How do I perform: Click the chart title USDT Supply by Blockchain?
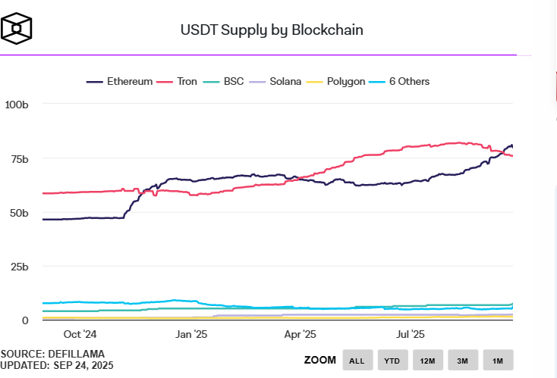click(x=271, y=30)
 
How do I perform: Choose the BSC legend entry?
click(x=233, y=81)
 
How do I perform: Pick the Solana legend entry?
click(x=285, y=81)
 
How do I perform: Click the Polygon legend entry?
click(x=345, y=81)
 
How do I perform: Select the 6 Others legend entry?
click(x=409, y=81)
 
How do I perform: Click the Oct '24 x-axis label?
click(x=80, y=333)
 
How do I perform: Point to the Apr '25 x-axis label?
click(x=301, y=333)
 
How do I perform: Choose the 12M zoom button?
click(x=428, y=359)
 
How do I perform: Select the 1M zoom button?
click(x=498, y=359)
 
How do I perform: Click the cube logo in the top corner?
click(x=17, y=29)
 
